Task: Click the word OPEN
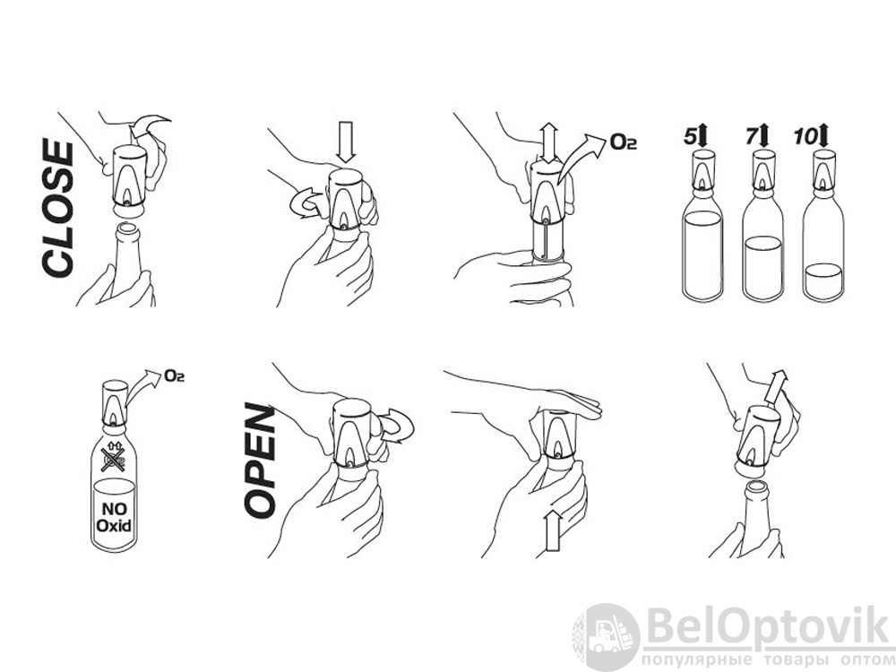point(260,461)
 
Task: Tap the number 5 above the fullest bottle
point(690,137)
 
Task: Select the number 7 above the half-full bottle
point(751,137)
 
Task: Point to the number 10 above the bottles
point(806,137)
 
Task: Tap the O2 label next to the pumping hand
point(624,142)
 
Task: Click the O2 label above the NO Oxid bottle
point(175,375)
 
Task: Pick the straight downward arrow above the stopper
point(346,142)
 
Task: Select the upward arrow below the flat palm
point(553,530)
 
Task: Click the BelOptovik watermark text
point(769,626)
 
